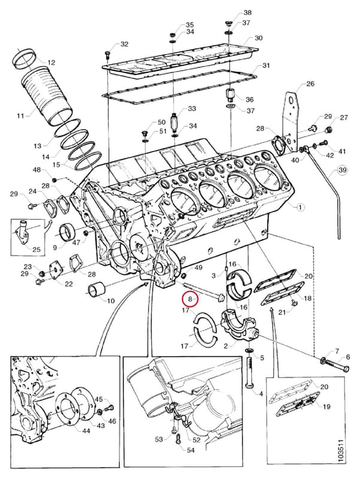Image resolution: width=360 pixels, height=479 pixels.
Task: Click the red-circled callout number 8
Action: (x=190, y=299)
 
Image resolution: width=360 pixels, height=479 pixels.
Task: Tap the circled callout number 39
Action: (x=342, y=169)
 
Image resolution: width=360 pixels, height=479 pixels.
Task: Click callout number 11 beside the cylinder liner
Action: (x=20, y=116)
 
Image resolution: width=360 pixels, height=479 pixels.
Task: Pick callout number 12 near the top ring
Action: (x=51, y=62)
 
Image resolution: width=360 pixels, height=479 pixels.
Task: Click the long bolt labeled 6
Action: (x=338, y=366)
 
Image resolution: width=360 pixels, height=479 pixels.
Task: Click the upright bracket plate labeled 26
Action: (x=291, y=122)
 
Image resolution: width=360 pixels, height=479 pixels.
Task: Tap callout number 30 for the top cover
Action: (x=259, y=38)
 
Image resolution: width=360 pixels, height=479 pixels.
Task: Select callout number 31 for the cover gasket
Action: (x=266, y=66)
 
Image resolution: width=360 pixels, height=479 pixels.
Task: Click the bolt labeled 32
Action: (x=107, y=55)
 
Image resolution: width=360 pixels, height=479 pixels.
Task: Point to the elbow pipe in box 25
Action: (x=23, y=231)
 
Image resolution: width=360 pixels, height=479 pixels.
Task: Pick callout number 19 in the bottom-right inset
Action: (x=326, y=407)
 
